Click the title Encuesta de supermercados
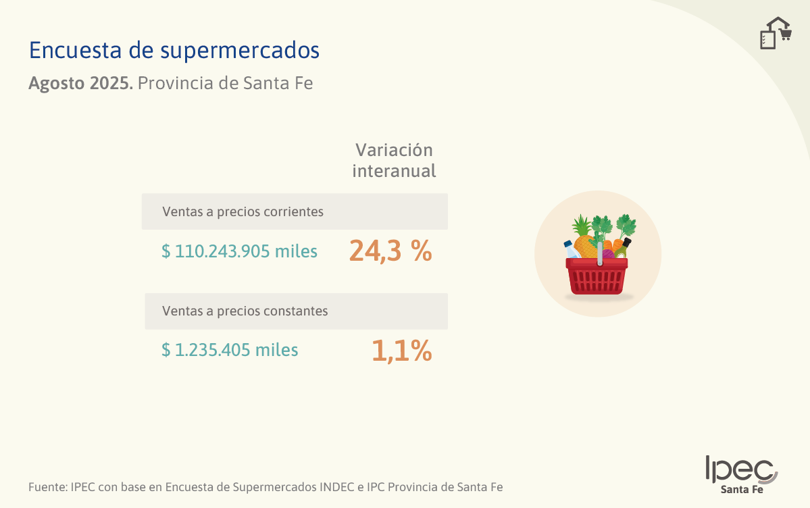[174, 51]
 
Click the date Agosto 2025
[80, 83]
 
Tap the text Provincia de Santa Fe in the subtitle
[225, 83]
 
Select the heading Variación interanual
[394, 160]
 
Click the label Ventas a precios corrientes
[243, 212]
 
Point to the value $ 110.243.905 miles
[239, 251]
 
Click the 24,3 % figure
[390, 251]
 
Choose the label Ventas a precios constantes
[245, 311]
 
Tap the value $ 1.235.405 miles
[230, 350]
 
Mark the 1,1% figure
[402, 351]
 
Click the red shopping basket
[597, 276]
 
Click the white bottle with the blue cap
[572, 249]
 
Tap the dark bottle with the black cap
[622, 249]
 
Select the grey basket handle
[599, 254]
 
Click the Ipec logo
[742, 469]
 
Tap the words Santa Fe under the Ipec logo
[742, 489]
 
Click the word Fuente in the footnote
[47, 487]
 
